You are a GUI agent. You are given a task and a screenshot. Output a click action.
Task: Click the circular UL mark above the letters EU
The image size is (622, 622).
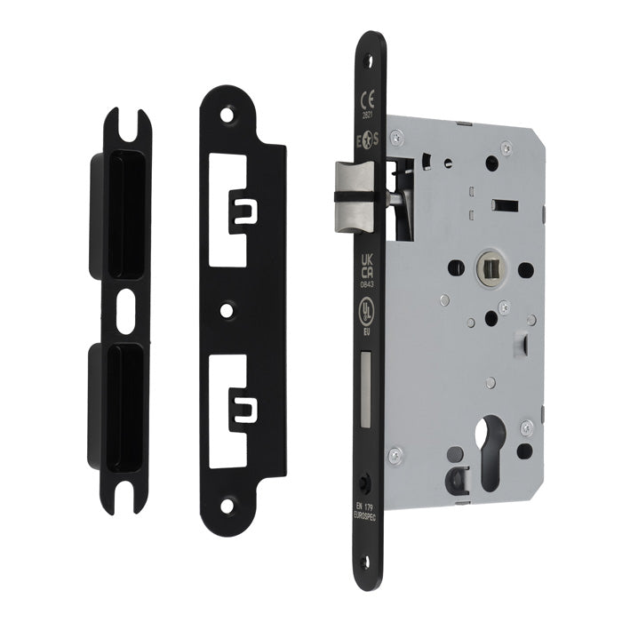(x=364, y=310)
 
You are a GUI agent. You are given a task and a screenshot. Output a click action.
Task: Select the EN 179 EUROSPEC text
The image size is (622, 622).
(x=363, y=514)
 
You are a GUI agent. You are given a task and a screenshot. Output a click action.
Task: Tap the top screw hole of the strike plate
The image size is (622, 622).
(x=235, y=114)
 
